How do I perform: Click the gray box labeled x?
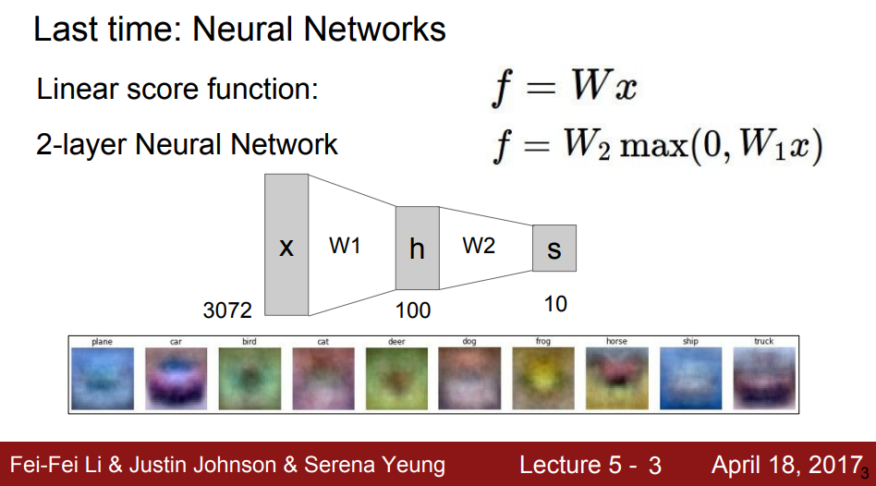pyautogui.click(x=286, y=245)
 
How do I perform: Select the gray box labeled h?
pyautogui.click(x=417, y=248)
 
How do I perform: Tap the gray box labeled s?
pyautogui.click(x=554, y=248)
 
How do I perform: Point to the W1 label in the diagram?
pyautogui.click(x=345, y=247)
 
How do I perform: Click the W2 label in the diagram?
pyautogui.click(x=479, y=247)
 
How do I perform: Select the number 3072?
pyautogui.click(x=227, y=310)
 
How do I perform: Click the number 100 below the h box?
pyautogui.click(x=412, y=310)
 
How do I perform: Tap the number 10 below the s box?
pyautogui.click(x=555, y=303)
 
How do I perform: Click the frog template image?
pyautogui.click(x=543, y=377)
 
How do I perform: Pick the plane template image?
pyautogui.click(x=102, y=377)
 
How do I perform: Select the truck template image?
pyautogui.click(x=763, y=377)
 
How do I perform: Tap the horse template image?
pyautogui.click(x=616, y=377)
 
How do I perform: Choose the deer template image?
pyautogui.click(x=396, y=377)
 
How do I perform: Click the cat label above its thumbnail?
pyautogui.click(x=322, y=342)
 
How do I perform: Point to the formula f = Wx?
pyautogui.click(x=564, y=89)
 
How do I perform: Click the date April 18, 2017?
pyautogui.click(x=786, y=464)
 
